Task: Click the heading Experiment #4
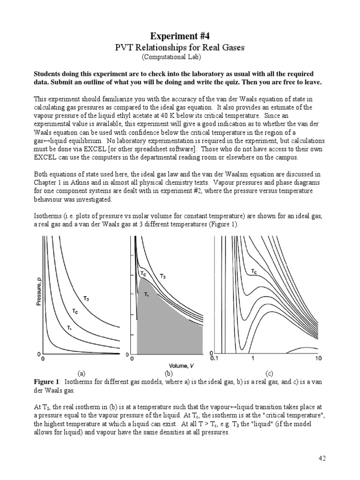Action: click(x=180, y=36)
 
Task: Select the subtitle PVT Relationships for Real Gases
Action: click(x=180, y=47)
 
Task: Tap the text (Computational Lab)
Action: click(x=174, y=57)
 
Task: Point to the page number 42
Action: click(x=321, y=458)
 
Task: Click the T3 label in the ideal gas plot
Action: click(x=87, y=298)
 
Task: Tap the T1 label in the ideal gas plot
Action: click(x=69, y=327)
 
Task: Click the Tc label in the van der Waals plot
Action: click(x=253, y=271)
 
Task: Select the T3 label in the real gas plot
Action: click(x=162, y=277)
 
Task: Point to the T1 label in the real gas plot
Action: click(x=146, y=294)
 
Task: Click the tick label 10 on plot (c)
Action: click(x=318, y=359)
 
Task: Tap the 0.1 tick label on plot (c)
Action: click(x=215, y=359)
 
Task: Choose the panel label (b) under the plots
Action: click(x=169, y=374)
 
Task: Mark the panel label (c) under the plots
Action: click(x=269, y=374)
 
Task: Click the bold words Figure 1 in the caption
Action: click(x=46, y=382)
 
